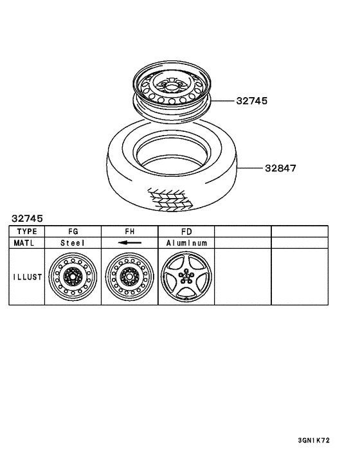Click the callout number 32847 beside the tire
click(280, 168)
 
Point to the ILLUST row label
click(27, 277)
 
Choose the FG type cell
click(73, 232)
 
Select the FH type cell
click(129, 232)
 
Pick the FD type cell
click(186, 232)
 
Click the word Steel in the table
click(73, 243)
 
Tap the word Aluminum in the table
click(186, 243)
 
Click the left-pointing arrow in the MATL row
click(129, 243)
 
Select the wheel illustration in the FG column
click(73, 277)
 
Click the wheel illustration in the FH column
click(129, 277)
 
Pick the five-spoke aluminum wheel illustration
click(186, 277)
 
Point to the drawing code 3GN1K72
click(314, 440)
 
